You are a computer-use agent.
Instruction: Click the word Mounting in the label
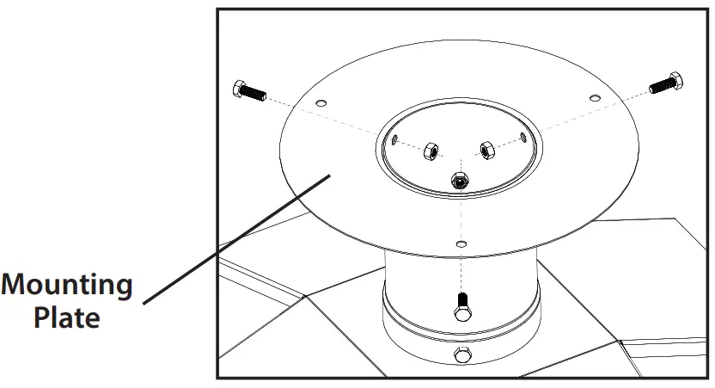click(x=67, y=286)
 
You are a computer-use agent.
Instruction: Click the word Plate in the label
click(x=67, y=317)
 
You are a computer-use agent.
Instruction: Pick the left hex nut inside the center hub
click(x=428, y=151)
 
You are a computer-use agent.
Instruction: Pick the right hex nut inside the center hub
click(x=486, y=151)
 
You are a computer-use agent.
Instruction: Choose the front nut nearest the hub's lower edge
click(x=459, y=180)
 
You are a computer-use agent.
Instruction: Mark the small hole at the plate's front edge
click(x=462, y=244)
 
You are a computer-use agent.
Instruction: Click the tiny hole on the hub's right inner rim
click(x=524, y=136)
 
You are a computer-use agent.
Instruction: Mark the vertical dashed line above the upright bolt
click(x=462, y=271)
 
